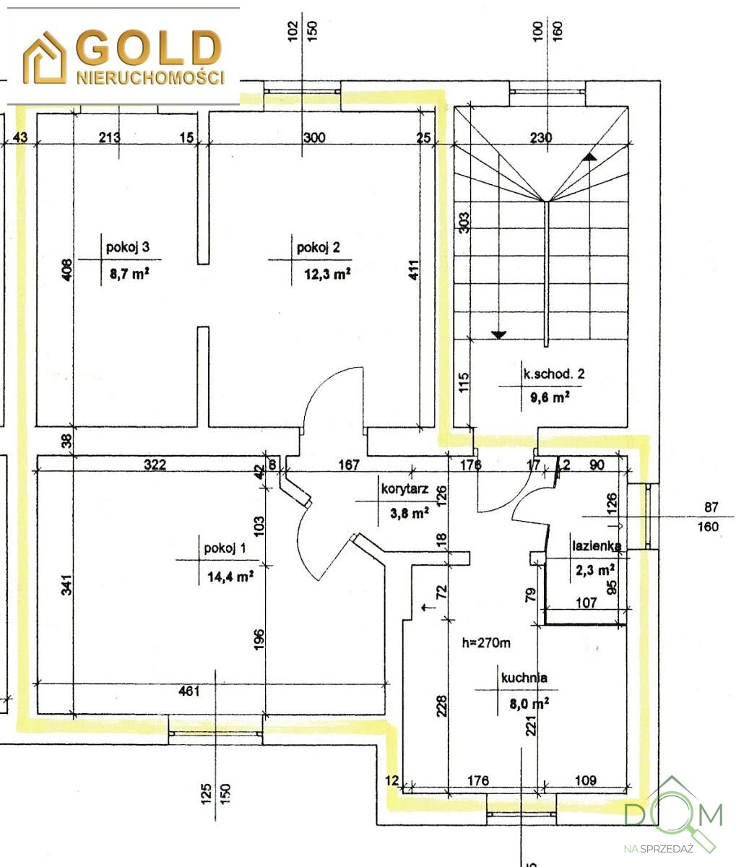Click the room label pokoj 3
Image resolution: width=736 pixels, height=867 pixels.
pos(128,246)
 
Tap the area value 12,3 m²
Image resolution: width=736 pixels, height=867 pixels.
pos(327,274)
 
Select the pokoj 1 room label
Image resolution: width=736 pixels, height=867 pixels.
pos(225,548)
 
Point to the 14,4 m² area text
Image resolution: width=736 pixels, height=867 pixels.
pos(230,577)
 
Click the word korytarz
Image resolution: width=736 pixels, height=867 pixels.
pos(404,489)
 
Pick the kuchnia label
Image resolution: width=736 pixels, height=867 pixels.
pos(524,678)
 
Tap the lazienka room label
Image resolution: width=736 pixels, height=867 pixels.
pos(597,545)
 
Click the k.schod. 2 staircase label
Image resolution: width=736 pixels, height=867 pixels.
pos(553,374)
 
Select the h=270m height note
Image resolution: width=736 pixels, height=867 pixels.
pos(486,642)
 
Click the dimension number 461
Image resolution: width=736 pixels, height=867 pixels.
pos(189,691)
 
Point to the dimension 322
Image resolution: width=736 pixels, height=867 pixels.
pos(155,465)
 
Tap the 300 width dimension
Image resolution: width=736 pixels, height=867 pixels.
pos(314,137)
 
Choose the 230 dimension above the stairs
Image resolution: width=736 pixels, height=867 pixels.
pos(541,137)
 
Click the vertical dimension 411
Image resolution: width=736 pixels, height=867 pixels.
pos(413,270)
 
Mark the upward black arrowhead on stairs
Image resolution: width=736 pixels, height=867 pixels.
pos(589,157)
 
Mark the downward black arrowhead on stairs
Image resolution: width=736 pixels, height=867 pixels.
pos(498,335)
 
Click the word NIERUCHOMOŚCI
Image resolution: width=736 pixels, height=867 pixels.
pos(150,77)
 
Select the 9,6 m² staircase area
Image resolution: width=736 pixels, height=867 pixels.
pos(550,397)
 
